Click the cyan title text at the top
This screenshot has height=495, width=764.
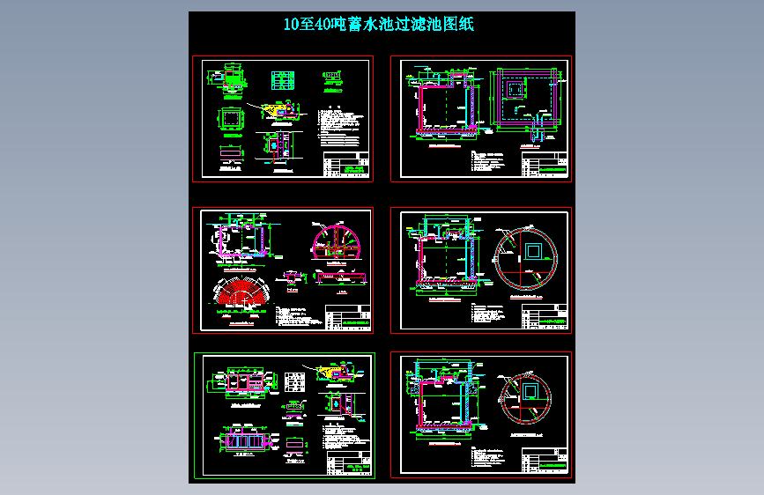(x=379, y=25)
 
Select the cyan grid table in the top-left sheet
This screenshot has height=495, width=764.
(x=283, y=80)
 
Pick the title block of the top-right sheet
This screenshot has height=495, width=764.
(x=544, y=166)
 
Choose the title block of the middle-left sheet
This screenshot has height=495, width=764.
(x=346, y=317)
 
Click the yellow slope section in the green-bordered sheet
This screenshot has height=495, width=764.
(x=337, y=373)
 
